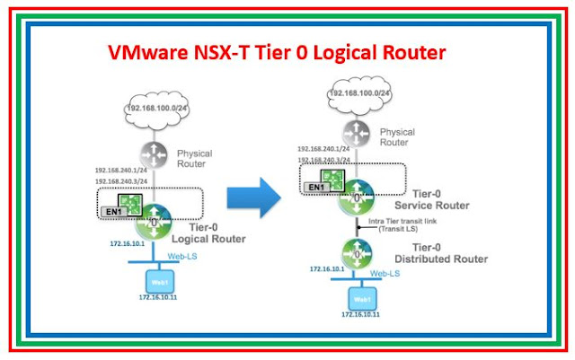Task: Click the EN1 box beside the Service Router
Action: (315, 188)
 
